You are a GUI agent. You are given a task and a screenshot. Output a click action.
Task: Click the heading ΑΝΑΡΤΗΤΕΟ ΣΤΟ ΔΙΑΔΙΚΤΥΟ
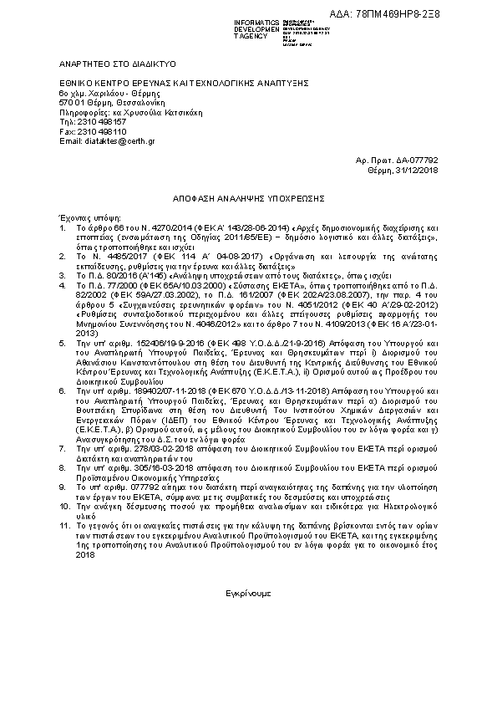105,64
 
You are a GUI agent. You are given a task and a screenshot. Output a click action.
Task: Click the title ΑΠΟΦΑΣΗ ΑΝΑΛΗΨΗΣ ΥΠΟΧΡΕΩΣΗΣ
248,201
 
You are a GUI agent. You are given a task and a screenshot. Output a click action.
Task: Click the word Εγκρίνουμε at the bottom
248,591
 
